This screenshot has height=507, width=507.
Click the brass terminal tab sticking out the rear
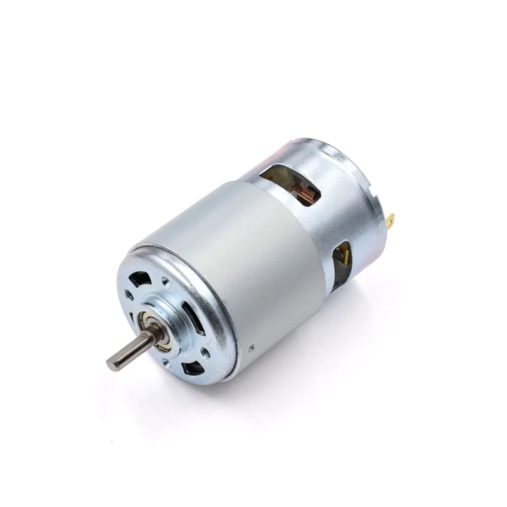pyautogui.click(x=390, y=221)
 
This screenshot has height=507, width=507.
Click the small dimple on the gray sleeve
pyautogui.click(x=252, y=347)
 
